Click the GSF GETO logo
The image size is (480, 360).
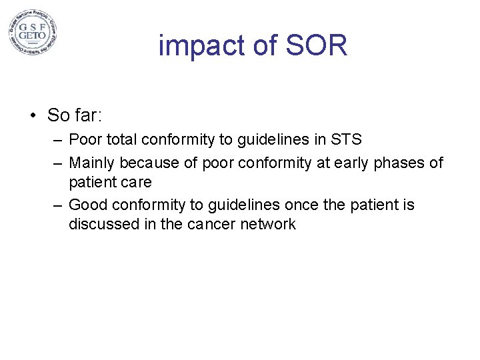pyautogui.click(x=33, y=33)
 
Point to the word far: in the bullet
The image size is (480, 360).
pyautogui.click(x=87, y=115)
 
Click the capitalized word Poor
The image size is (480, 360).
pyautogui.click(x=84, y=140)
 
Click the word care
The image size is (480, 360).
pyautogui.click(x=136, y=182)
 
